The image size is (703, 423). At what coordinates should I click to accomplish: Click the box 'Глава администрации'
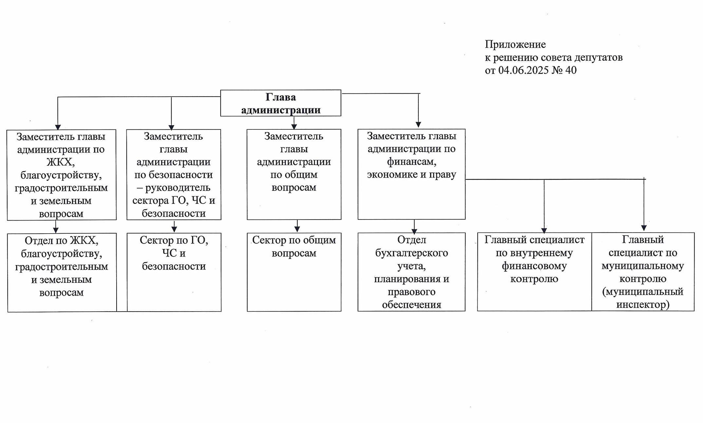[281, 103]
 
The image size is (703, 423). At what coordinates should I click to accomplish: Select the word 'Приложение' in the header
[515, 45]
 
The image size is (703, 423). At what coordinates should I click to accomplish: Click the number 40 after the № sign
[571, 70]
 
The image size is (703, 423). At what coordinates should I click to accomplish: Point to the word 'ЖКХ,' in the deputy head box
[61, 162]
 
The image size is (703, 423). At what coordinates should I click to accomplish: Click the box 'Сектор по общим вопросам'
[294, 272]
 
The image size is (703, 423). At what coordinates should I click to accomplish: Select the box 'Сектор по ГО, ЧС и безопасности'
[174, 272]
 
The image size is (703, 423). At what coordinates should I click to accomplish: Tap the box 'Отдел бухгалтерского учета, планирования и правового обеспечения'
[412, 272]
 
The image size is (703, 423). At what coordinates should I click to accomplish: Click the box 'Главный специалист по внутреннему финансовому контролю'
[534, 272]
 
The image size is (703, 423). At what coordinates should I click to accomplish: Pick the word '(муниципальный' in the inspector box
[643, 292]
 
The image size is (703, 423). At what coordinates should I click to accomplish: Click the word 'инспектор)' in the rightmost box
[643, 305]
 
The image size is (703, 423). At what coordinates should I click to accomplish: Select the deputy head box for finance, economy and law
[412, 174]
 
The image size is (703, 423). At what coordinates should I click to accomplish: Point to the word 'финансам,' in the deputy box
[412, 162]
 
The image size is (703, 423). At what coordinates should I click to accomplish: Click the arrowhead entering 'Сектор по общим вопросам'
[297, 229]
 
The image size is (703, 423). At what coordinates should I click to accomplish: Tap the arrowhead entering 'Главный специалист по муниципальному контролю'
[644, 228]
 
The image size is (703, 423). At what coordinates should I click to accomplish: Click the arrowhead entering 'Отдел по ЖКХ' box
[56, 230]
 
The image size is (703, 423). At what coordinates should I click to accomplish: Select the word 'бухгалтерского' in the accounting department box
[412, 253]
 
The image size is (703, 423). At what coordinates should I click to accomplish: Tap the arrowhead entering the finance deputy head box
[418, 125]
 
